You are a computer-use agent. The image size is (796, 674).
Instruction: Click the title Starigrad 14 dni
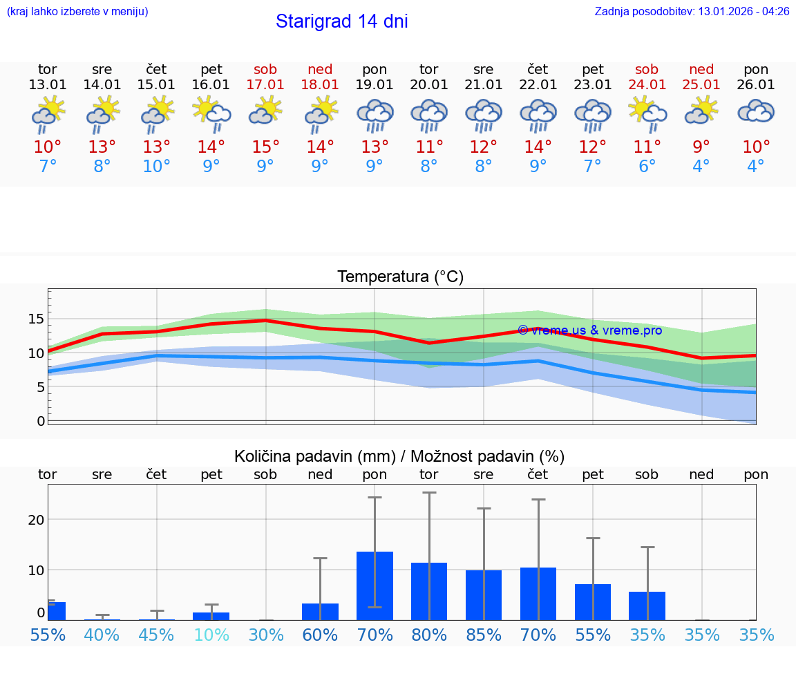tap(341, 21)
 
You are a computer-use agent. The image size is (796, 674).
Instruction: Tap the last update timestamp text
tap(692, 12)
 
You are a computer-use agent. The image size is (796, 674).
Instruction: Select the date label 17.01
tap(265, 85)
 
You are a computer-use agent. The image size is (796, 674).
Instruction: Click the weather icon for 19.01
tap(375, 115)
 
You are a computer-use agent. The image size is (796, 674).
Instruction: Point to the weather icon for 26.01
tap(756, 112)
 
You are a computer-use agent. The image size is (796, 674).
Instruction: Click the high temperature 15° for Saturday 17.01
tap(265, 147)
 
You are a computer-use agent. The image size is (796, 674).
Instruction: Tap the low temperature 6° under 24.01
tap(647, 167)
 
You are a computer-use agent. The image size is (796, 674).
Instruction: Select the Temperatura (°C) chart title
tap(400, 277)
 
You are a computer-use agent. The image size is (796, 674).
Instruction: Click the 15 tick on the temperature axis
tap(37, 319)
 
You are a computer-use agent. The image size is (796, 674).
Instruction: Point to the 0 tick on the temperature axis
tap(41, 421)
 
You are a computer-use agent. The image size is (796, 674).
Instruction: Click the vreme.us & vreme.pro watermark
tap(589, 330)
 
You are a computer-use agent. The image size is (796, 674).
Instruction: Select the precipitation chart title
tap(399, 456)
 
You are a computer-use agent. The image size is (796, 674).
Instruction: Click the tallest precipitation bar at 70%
tap(375, 586)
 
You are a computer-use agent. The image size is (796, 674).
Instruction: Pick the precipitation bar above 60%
tap(320, 612)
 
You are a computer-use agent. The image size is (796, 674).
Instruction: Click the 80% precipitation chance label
tap(429, 635)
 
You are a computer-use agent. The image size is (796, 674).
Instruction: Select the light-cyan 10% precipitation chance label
tap(211, 635)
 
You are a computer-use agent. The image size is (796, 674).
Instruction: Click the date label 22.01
tap(538, 85)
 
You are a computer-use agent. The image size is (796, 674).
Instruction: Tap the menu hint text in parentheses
tap(77, 12)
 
